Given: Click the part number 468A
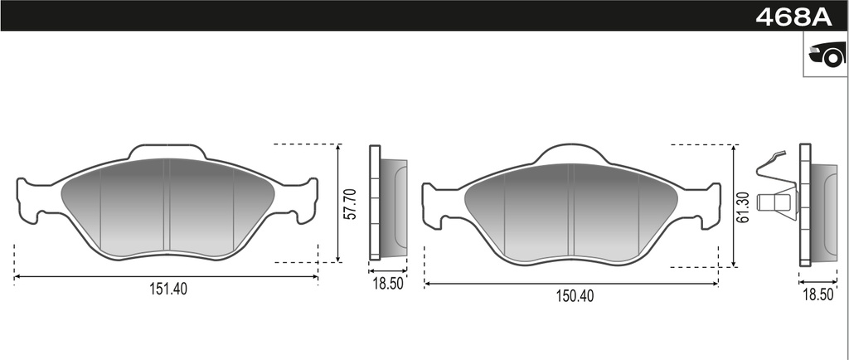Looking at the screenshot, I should [793, 16].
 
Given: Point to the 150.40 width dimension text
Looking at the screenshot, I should [571, 295].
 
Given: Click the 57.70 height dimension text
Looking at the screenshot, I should [350, 203].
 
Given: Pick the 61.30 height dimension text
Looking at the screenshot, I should [744, 207].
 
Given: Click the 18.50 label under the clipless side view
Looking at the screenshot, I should [387, 283].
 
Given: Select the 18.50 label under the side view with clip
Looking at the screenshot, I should [817, 294].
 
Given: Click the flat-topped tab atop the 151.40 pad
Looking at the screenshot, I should [167, 150].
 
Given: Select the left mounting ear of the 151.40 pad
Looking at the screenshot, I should [33, 200].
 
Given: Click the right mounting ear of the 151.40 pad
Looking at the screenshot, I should [303, 200].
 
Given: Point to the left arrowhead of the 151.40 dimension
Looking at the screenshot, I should [17, 277].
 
